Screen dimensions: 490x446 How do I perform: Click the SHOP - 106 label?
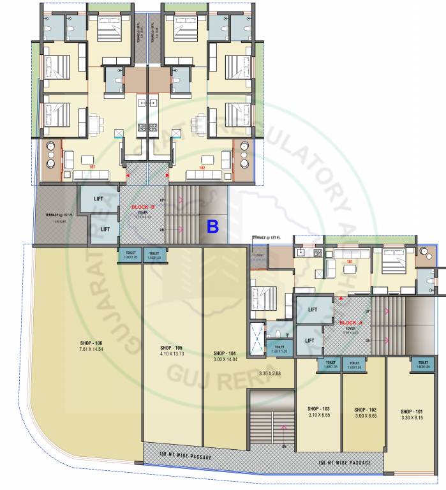(92, 343)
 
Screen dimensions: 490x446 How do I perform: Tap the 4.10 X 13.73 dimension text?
(172, 353)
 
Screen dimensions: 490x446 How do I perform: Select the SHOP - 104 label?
(225, 353)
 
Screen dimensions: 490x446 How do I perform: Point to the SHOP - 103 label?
(318, 408)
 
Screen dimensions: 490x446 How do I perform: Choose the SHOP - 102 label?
(364, 408)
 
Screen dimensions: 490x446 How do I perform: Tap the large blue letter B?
(213, 226)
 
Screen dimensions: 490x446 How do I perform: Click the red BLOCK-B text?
(143, 207)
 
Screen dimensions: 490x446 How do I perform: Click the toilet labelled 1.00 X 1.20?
(279, 349)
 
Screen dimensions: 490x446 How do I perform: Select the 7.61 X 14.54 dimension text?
(92, 350)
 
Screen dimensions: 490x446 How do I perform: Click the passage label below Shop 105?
(185, 457)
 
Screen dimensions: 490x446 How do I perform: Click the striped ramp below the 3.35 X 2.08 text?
(269, 420)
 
